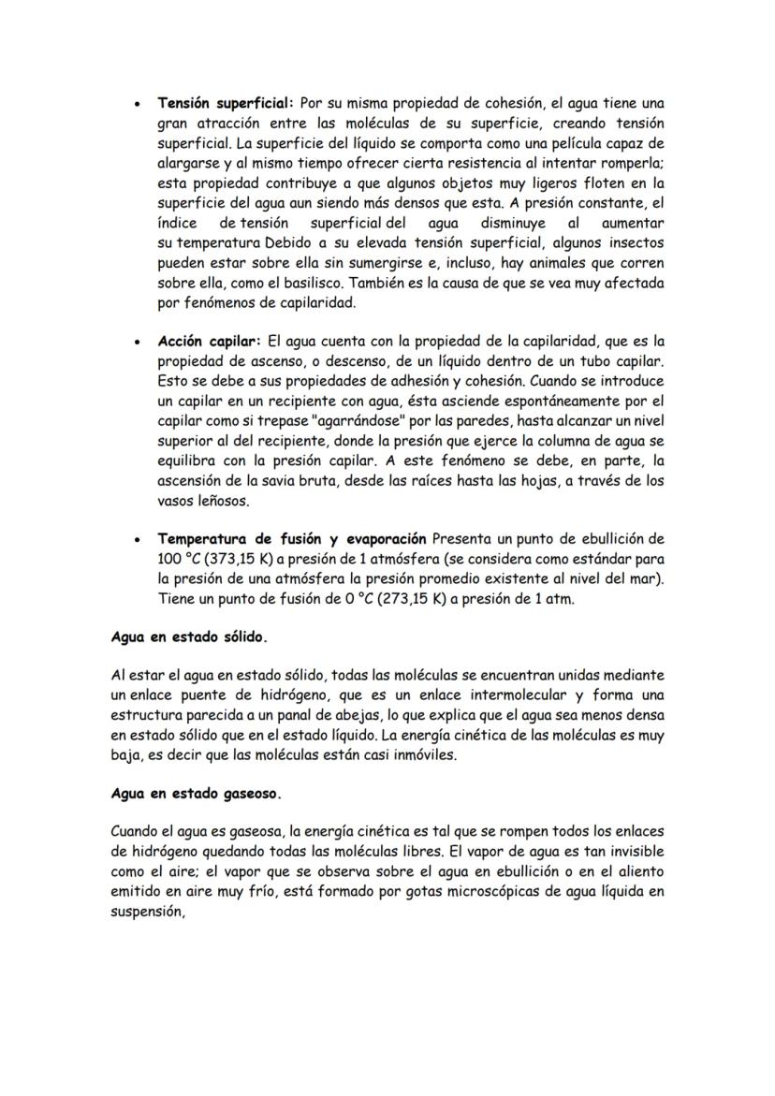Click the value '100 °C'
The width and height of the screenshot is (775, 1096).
179,560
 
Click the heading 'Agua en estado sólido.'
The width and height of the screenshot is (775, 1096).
188,637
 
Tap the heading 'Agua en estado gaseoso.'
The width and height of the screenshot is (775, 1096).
196,793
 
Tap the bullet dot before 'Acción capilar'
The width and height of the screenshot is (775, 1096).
139,343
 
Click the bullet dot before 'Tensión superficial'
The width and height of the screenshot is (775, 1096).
139,103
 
